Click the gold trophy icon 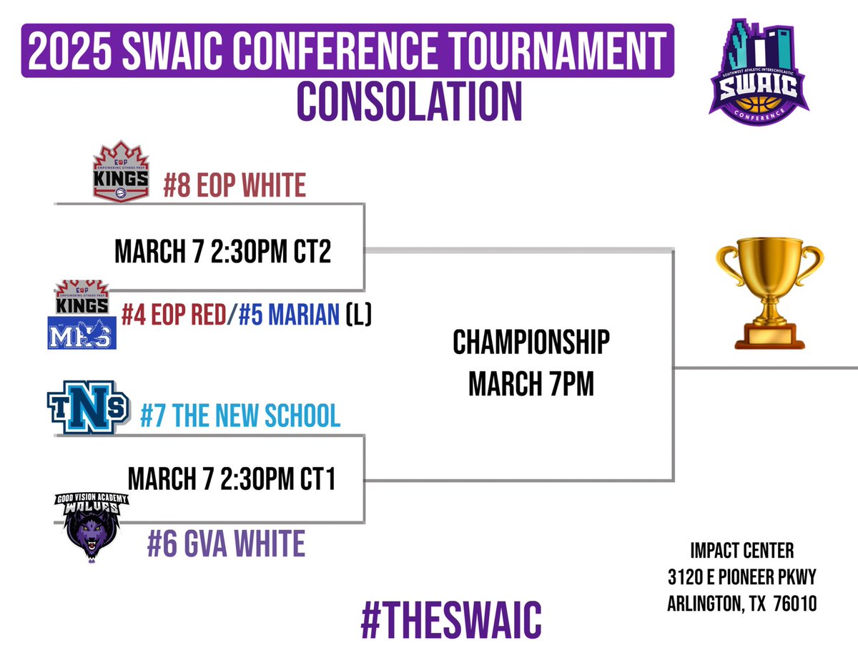pos(770,297)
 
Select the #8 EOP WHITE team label pos(234,185)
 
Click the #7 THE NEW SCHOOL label pos(240,416)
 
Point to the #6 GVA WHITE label pos(226,544)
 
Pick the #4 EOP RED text pos(174,315)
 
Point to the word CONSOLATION pos(410,102)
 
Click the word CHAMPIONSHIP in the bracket pos(531,343)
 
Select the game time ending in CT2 pos(222,252)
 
